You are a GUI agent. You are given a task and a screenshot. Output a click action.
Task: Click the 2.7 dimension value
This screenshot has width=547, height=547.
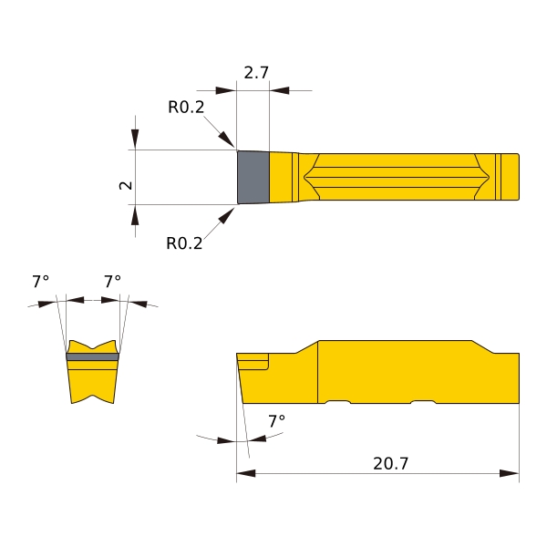click(x=256, y=73)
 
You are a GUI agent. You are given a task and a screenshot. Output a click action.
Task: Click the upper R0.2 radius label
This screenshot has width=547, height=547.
click(x=186, y=107)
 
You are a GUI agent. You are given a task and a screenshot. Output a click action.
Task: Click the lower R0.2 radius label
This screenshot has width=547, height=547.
click(x=184, y=243)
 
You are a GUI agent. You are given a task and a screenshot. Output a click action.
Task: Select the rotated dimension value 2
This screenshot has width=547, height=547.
click(x=126, y=185)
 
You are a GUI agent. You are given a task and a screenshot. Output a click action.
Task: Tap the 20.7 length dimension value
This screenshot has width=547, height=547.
click(x=390, y=463)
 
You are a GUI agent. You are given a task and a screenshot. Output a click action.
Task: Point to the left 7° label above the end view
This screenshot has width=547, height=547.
click(x=40, y=281)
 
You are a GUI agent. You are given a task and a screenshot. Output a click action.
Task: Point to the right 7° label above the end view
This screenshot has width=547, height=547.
click(x=113, y=281)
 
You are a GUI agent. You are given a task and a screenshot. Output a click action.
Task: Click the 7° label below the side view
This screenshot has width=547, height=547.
click(x=276, y=421)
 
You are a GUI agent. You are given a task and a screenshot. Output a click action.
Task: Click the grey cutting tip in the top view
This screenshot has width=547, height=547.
click(x=253, y=177)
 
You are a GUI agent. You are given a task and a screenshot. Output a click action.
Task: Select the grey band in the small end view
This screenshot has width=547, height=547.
click(x=92, y=356)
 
